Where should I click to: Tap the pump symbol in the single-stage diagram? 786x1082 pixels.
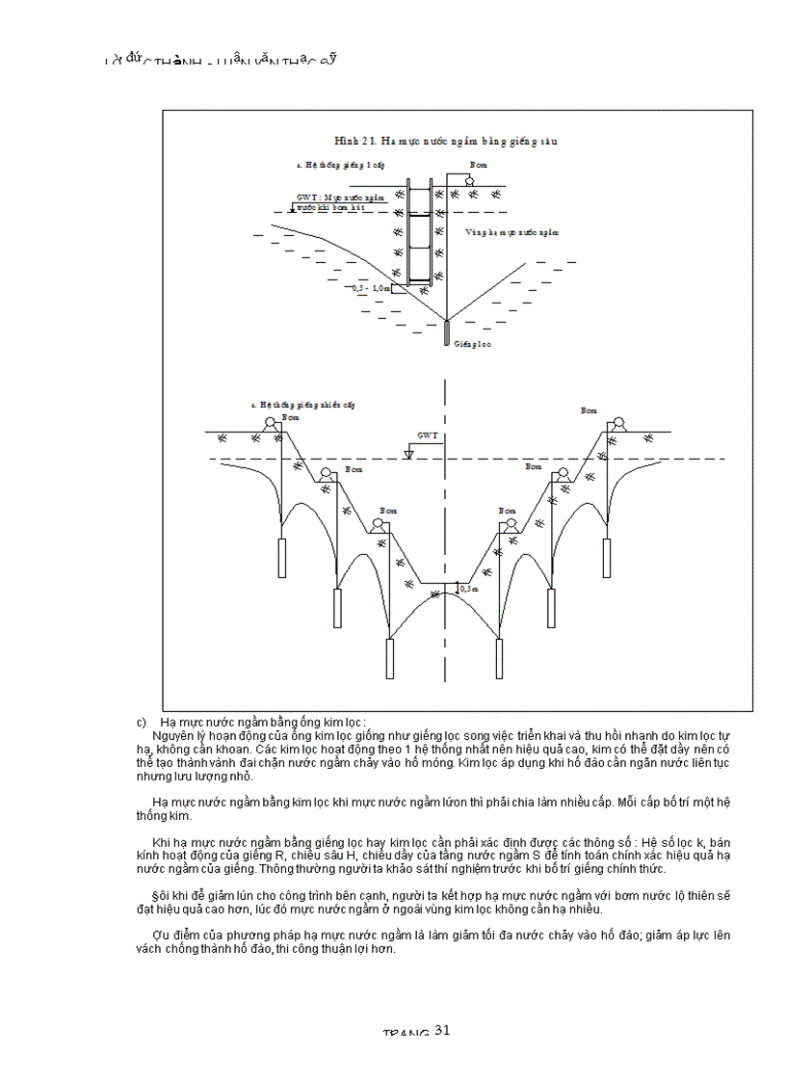pyautogui.click(x=470, y=180)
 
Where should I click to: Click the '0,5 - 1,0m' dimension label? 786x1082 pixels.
pyautogui.click(x=372, y=287)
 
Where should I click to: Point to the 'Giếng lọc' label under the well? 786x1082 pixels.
pyautogui.click(x=472, y=344)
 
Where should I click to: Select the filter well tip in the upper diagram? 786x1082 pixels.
pyautogui.click(x=446, y=332)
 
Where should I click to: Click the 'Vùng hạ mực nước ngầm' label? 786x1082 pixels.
pyautogui.click(x=511, y=232)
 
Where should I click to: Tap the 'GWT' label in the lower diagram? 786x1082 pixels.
pyautogui.click(x=427, y=435)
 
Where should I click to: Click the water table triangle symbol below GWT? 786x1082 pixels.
pyautogui.click(x=408, y=453)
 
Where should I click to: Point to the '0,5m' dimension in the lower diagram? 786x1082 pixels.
pyautogui.click(x=469, y=588)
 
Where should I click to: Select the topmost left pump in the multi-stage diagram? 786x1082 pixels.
pyautogui.click(x=273, y=424)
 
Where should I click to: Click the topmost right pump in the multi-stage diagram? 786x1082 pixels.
pyautogui.click(x=617, y=424)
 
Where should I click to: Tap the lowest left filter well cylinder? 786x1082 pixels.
pyautogui.click(x=390, y=657)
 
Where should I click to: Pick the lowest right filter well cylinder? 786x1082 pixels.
pyautogui.click(x=499, y=657)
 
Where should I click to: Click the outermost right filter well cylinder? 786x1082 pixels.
pyautogui.click(x=607, y=556)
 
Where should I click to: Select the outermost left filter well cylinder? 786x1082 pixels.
pyautogui.click(x=282, y=556)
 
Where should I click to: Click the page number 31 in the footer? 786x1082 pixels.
pyautogui.click(x=442, y=1030)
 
